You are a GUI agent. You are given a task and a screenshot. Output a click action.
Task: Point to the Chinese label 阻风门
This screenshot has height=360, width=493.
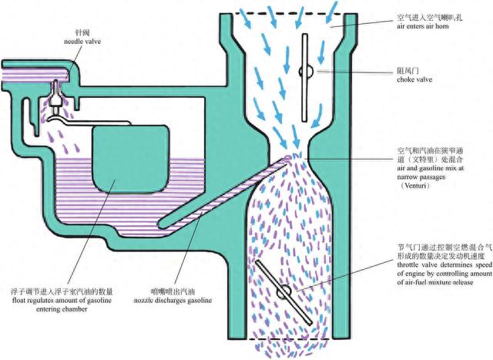pyautogui.click(x=407, y=68)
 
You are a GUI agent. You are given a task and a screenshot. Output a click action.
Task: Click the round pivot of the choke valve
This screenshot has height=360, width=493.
pyautogui.click(x=306, y=71)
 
